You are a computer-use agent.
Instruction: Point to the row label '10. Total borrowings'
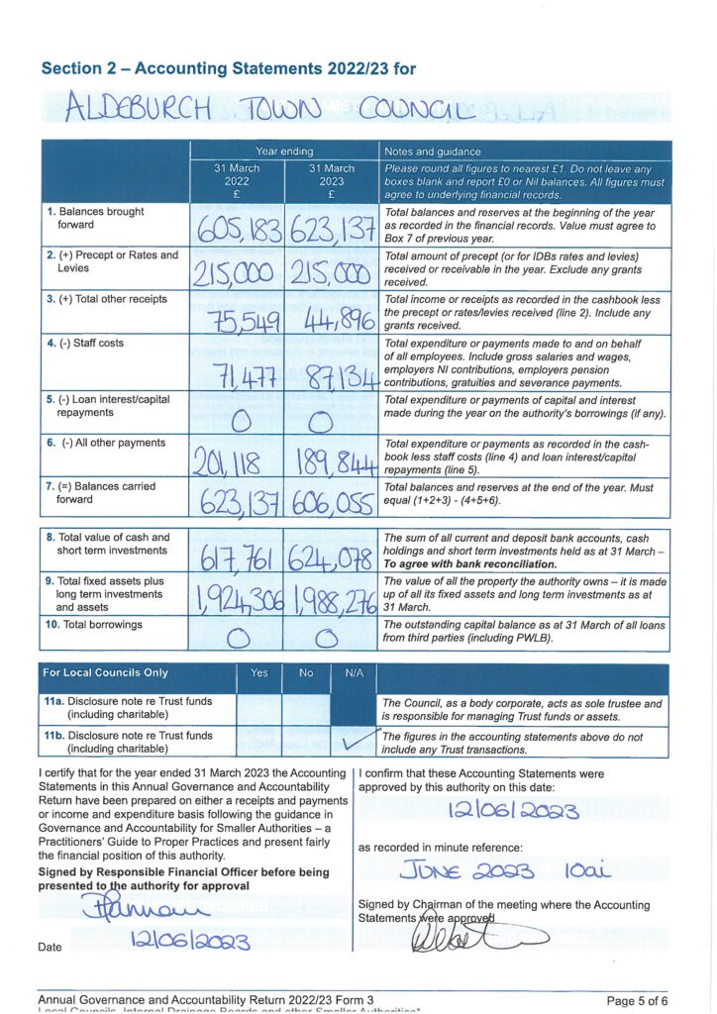click(x=94, y=625)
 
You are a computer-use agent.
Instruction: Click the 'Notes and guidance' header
click(x=433, y=152)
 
